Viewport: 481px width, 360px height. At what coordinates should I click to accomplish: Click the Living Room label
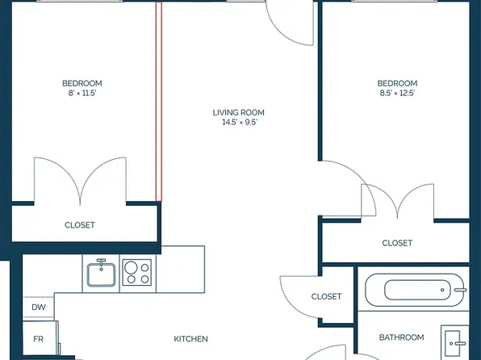[x=238, y=113]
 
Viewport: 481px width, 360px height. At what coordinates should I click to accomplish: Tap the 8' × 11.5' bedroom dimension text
[x=82, y=93]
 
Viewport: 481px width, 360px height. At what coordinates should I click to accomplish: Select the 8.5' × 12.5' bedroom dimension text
[x=397, y=93]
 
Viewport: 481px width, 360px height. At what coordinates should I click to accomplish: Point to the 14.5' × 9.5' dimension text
[x=240, y=123]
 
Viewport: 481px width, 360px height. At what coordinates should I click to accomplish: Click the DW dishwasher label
[x=39, y=307]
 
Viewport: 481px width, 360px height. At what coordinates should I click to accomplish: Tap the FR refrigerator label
[x=38, y=339]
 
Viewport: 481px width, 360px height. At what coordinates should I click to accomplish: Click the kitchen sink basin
[x=101, y=274]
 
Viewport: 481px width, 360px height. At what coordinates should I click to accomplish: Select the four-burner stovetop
[x=137, y=272]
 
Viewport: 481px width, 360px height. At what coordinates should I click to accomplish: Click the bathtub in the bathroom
[x=414, y=290]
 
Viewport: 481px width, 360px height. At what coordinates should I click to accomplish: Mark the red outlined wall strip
[x=159, y=102]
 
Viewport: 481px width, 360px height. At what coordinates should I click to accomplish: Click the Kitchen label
[x=190, y=339]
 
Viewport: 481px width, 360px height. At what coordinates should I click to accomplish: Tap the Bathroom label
[x=401, y=337]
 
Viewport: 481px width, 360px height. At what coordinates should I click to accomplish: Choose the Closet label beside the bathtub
[x=326, y=296]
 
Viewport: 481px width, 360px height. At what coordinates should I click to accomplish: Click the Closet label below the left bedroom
[x=80, y=225]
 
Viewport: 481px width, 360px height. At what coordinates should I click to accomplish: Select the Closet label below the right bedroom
[x=397, y=243]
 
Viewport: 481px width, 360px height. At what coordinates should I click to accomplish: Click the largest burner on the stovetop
[x=131, y=267]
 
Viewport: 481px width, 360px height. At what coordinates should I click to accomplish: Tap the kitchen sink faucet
[x=101, y=263]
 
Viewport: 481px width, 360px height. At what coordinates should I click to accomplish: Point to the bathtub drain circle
[x=442, y=290]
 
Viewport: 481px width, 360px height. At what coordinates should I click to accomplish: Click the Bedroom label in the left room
[x=82, y=83]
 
